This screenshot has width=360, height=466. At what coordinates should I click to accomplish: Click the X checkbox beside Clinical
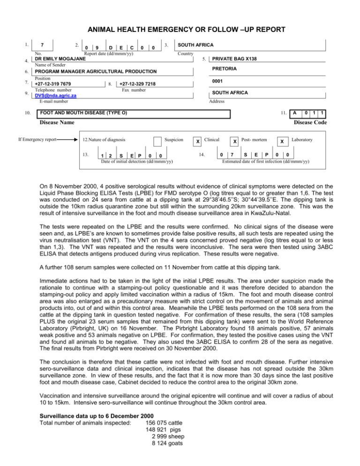[x=199, y=141]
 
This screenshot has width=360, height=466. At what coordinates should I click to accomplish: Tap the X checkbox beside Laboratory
[x=281, y=141]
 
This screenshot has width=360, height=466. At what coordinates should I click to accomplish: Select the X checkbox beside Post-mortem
[x=234, y=141]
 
